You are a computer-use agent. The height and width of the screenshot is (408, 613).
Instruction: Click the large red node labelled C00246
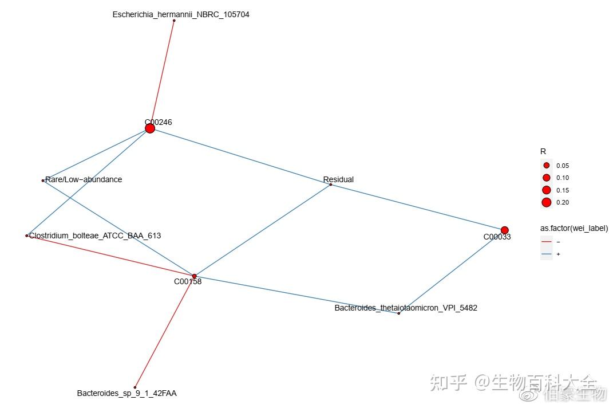150,128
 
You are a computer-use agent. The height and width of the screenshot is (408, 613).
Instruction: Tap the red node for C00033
504,230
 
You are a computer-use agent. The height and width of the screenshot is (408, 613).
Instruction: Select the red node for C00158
194,276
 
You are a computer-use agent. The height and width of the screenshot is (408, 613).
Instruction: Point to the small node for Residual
331,185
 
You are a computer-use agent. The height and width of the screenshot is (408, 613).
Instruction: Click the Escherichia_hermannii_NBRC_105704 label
181,14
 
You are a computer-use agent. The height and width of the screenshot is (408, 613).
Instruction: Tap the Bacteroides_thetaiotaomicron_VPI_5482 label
406,308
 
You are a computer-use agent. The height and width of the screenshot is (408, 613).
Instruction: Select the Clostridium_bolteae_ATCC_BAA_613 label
95,236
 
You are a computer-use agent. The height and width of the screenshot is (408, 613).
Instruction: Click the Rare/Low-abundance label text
84,179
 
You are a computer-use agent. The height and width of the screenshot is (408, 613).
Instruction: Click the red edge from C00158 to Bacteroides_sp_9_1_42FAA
165,332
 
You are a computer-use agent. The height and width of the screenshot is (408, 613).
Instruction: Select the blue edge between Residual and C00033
418,207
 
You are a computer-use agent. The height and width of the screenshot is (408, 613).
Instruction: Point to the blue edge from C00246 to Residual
240,156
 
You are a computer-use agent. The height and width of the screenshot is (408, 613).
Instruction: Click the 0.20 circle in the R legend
546,202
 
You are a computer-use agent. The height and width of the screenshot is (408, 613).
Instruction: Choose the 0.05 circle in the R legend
546,165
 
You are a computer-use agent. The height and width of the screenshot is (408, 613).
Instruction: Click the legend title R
543,151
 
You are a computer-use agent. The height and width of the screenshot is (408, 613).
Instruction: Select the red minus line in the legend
546,242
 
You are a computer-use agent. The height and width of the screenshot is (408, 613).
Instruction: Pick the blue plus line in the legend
546,254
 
